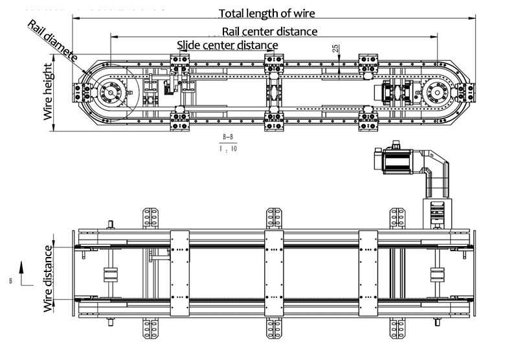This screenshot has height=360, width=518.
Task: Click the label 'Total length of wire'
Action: click(270, 13)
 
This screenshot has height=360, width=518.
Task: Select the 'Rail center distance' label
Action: click(269, 31)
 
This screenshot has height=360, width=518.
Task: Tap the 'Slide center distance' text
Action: click(227, 45)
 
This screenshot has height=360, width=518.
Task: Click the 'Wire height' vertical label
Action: click(48, 92)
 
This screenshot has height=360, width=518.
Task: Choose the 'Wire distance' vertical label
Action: click(48, 278)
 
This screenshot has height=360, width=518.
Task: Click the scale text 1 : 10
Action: click(229, 148)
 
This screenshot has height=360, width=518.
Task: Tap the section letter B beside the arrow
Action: click(10, 281)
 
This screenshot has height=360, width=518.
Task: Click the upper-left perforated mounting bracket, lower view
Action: click(152, 218)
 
